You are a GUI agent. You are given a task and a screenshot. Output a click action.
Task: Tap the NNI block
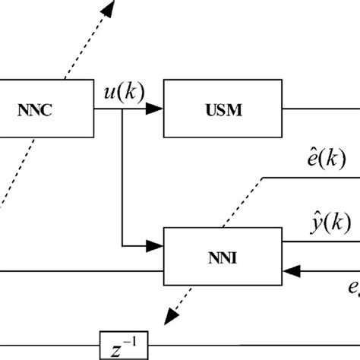tap(224, 256)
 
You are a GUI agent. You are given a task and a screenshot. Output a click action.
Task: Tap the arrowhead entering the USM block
tap(155, 109)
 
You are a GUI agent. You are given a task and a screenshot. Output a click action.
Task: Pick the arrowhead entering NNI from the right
tap(292, 268)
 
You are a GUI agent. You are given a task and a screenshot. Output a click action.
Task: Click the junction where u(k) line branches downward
tap(122, 109)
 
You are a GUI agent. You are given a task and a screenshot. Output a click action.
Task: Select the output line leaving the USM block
tap(319, 109)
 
